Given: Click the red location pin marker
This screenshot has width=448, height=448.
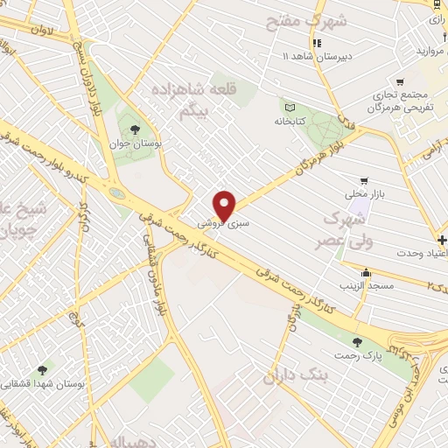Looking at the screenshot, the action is (x=225, y=205).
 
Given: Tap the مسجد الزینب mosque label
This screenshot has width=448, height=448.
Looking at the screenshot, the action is (x=368, y=285).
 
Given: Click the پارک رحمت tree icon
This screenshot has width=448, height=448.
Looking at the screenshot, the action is (x=355, y=342).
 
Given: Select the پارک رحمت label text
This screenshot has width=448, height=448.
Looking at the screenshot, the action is (x=355, y=357).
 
